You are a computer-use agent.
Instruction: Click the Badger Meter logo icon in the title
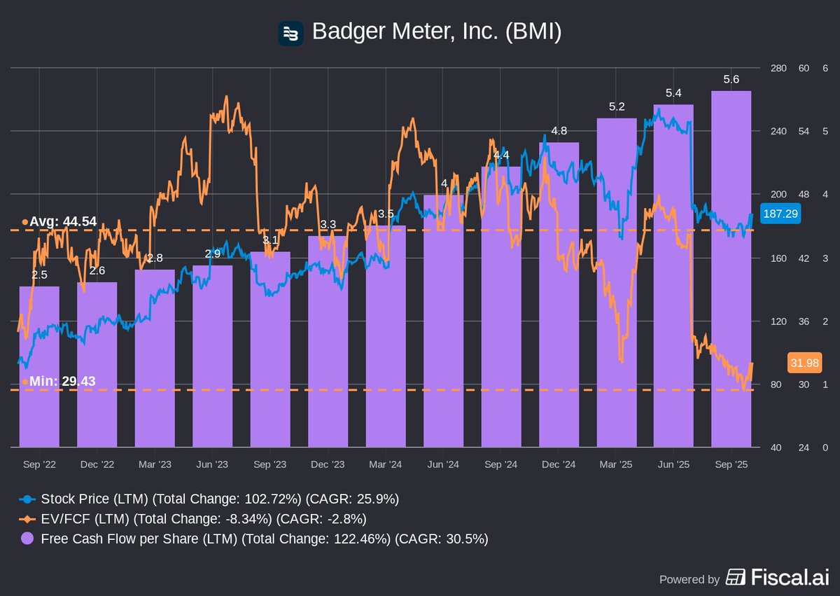pyautogui.click(x=290, y=33)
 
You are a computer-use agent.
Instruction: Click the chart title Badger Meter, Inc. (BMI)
pyautogui.click(x=436, y=32)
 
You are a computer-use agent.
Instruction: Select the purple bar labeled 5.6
pyautogui.click(x=731, y=280)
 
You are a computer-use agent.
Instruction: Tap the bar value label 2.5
pyautogui.click(x=39, y=275)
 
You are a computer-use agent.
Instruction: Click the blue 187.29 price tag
pyautogui.click(x=780, y=214)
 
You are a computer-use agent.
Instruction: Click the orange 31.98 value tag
pyautogui.click(x=804, y=363)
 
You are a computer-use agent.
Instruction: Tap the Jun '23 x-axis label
pyautogui.click(x=212, y=464)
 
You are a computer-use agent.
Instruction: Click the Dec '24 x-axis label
pyautogui.click(x=559, y=464)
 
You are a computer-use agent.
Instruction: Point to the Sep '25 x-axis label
pyautogui.click(x=731, y=464)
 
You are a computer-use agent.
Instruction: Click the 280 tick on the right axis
pyautogui.click(x=778, y=68)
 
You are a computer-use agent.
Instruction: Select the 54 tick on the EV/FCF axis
pyautogui.click(x=804, y=132)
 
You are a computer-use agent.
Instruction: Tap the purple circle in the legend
pyautogui.click(x=27, y=539)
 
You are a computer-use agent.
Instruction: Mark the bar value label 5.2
pyautogui.click(x=617, y=106)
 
